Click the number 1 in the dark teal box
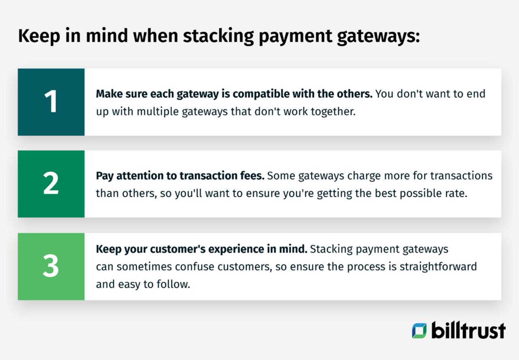(51, 102)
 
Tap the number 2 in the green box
(51, 184)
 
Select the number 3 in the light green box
(51, 266)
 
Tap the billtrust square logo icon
(419, 330)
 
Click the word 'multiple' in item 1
(154, 111)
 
